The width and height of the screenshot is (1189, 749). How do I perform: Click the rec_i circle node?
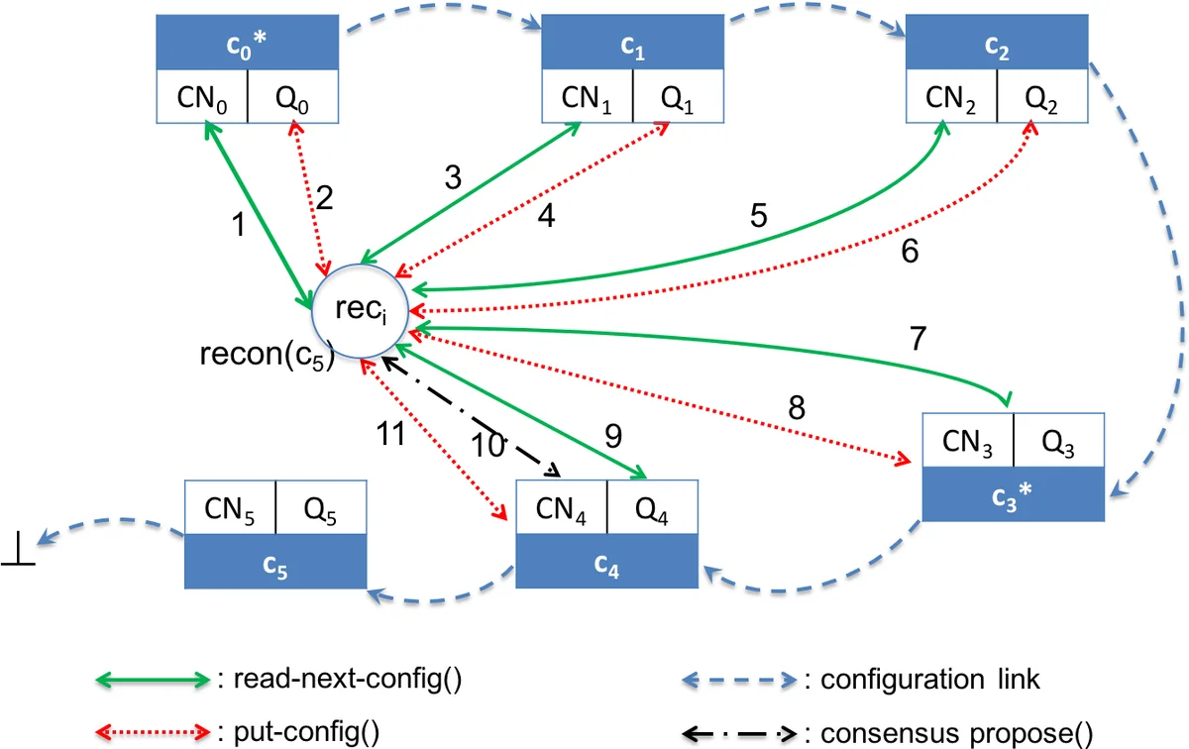[x=356, y=309]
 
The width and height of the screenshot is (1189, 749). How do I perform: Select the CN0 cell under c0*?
[x=202, y=98]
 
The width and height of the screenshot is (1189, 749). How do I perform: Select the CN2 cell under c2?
[x=952, y=98]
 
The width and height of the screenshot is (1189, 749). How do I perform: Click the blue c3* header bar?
[x=1013, y=493]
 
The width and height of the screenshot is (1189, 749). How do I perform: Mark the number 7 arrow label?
[x=918, y=339]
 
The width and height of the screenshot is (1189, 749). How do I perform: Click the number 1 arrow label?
[x=237, y=226]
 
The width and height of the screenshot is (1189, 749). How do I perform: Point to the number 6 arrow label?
[x=910, y=252]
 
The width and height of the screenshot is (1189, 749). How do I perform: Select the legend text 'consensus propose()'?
[x=949, y=734]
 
